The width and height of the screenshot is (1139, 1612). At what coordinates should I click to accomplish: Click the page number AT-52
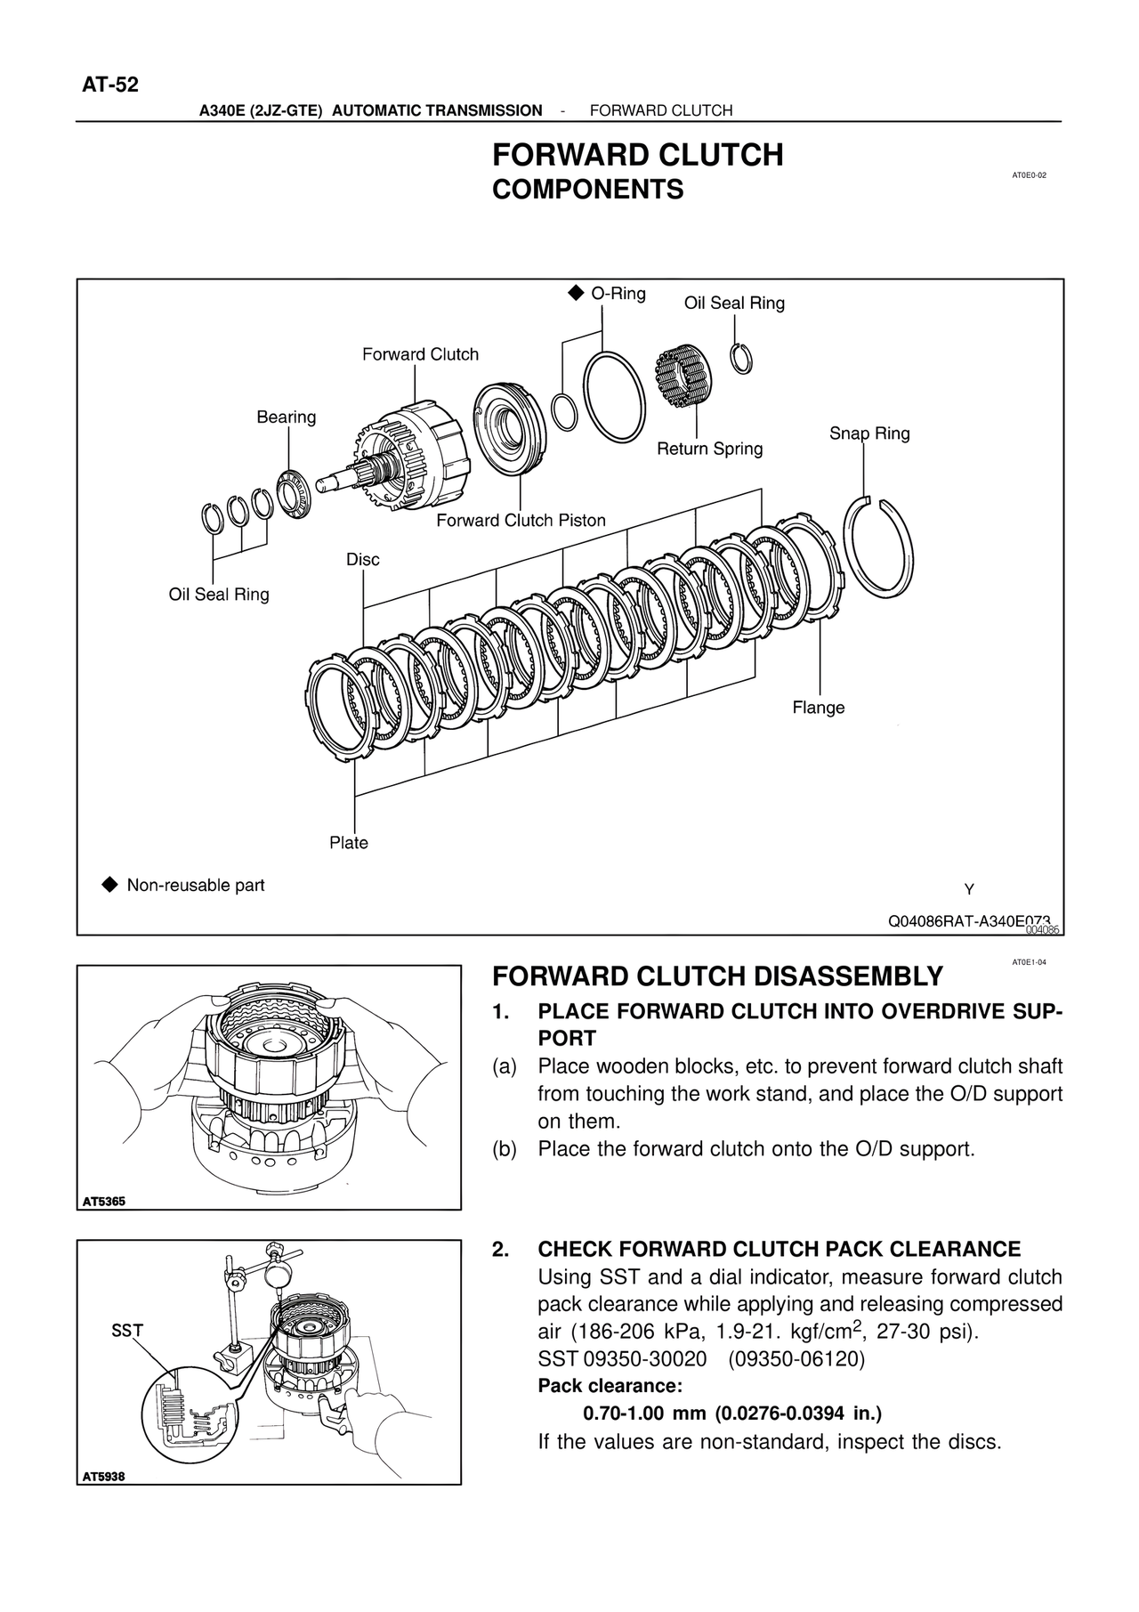tap(110, 85)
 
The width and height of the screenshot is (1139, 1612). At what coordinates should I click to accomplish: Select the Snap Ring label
tap(868, 433)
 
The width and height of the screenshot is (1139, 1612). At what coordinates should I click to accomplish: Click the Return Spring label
tap(709, 449)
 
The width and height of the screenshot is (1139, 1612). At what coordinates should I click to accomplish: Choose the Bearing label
tap(286, 417)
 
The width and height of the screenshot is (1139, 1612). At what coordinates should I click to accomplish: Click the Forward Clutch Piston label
tap(521, 521)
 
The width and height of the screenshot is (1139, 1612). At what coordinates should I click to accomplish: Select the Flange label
tap(818, 708)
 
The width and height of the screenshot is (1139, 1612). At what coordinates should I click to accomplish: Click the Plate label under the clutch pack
tap(348, 843)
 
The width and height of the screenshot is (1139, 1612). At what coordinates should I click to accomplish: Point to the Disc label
tap(362, 559)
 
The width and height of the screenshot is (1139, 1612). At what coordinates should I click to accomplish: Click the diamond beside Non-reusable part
tap(109, 885)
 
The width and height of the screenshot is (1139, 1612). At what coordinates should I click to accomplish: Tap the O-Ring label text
tap(618, 294)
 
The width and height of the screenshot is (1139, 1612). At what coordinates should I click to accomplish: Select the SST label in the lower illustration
tap(127, 1331)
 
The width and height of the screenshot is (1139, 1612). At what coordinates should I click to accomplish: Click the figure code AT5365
tap(104, 1202)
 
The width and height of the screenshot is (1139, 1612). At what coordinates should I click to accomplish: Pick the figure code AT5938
tap(104, 1477)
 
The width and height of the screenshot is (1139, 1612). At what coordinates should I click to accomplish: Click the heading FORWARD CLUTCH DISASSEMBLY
tap(716, 976)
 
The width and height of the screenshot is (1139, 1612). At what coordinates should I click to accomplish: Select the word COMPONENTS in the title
tap(587, 190)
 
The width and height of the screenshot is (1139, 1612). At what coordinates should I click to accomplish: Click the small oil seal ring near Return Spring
tap(741, 359)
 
